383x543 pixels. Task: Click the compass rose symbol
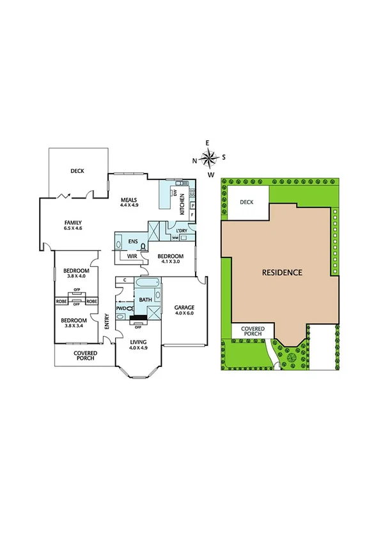208,158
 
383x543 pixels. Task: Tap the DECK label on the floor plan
77,170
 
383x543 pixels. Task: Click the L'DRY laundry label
181,231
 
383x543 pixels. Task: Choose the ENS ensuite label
133,241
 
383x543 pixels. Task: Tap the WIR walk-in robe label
132,256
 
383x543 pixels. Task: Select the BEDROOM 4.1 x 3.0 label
171,258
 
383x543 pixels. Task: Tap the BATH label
145,299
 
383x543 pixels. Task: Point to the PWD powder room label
121,309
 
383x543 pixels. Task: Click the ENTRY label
107,321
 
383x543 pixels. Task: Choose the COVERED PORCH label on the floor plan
84,355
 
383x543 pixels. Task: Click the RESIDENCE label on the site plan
282,272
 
